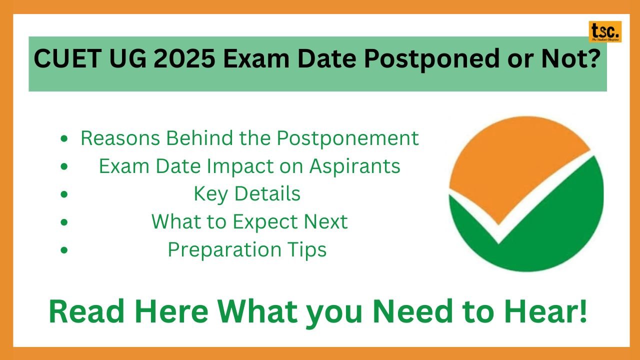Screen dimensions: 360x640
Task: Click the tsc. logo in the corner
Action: click(605, 31)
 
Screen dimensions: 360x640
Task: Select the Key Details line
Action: click(247, 194)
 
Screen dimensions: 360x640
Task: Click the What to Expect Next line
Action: click(249, 221)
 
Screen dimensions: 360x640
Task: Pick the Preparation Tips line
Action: click(247, 249)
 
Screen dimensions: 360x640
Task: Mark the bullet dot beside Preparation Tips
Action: click(64, 250)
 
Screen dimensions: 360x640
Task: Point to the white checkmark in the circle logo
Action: click(500, 230)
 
